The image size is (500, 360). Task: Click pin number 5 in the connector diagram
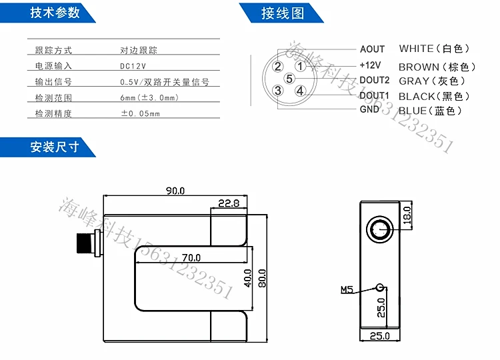pyautogui.click(x=289, y=79)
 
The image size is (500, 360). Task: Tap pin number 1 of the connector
pyautogui.click(x=301, y=66)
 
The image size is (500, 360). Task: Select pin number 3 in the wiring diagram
pyautogui.click(x=278, y=91)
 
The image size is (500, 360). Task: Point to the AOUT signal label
pyautogui.click(x=372, y=49)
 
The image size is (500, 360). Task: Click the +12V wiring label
pyautogui.click(x=370, y=65)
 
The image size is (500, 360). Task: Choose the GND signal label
pyautogui.click(x=369, y=109)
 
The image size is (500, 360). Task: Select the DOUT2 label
pyautogui.click(x=374, y=81)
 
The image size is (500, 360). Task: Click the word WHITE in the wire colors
pyautogui.click(x=416, y=49)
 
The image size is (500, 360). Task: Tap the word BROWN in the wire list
pyautogui.click(x=419, y=67)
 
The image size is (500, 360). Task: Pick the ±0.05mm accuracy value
pyautogui.click(x=140, y=113)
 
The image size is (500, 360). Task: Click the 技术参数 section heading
pyautogui.click(x=55, y=13)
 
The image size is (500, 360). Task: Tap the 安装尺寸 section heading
pyautogui.click(x=55, y=147)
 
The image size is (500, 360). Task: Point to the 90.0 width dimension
pyautogui.click(x=175, y=191)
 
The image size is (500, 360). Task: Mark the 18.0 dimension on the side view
pyautogui.click(x=408, y=215)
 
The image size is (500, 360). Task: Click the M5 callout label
pyautogui.click(x=347, y=290)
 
